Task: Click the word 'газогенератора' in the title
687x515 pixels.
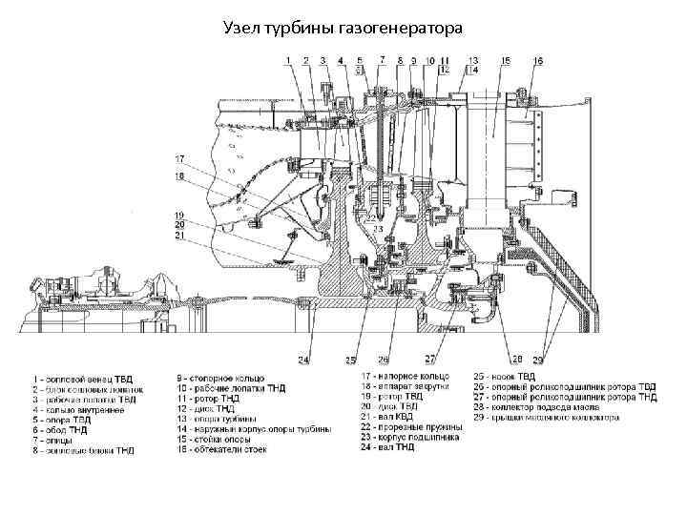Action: pyautogui.click(x=406, y=29)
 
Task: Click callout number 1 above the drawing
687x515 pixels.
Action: pyautogui.click(x=286, y=60)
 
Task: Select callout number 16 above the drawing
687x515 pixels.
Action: pyautogui.click(x=538, y=60)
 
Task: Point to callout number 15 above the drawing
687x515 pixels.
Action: pyautogui.click(x=505, y=60)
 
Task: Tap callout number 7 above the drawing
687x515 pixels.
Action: pyautogui.click(x=381, y=59)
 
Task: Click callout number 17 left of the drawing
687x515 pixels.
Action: pyautogui.click(x=178, y=157)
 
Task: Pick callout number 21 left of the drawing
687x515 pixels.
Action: pyautogui.click(x=178, y=235)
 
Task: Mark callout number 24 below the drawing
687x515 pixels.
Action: pyautogui.click(x=302, y=360)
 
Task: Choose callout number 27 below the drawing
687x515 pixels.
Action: pyautogui.click(x=430, y=359)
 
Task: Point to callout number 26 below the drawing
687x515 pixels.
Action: pyautogui.click(x=383, y=360)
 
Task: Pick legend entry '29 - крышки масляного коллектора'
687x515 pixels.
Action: pyautogui.click(x=546, y=417)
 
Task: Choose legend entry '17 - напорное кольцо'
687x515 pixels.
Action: pyautogui.click(x=400, y=379)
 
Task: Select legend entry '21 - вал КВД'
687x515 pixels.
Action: pyautogui.click(x=390, y=417)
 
